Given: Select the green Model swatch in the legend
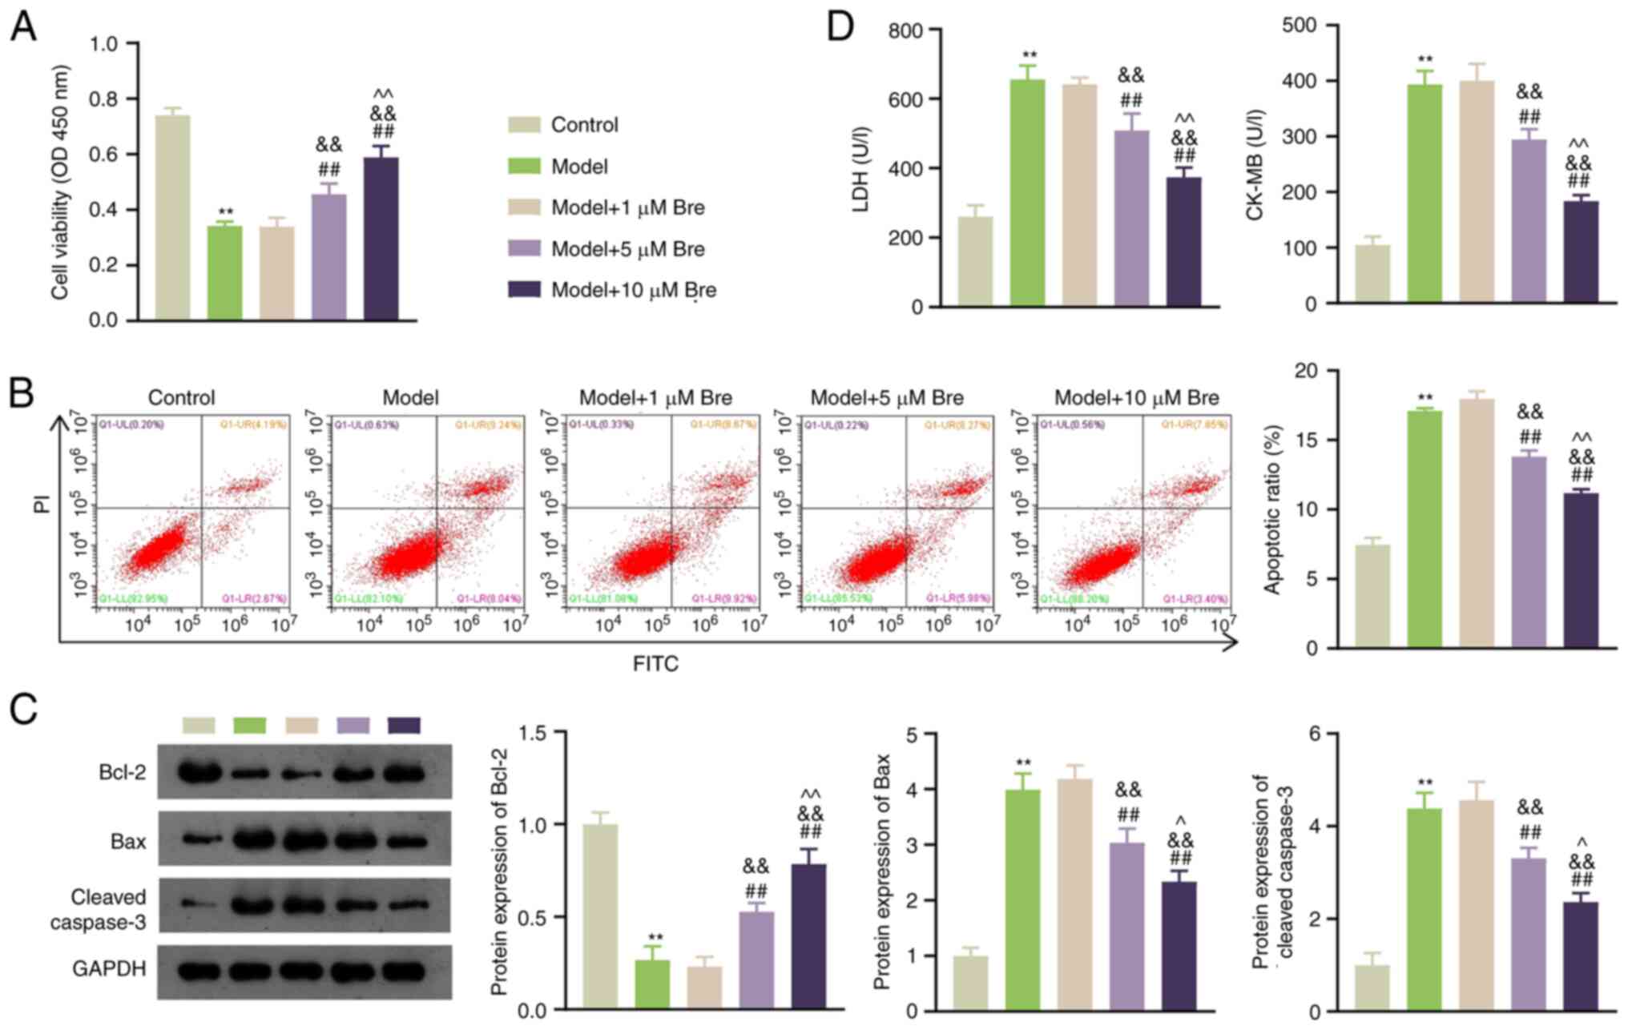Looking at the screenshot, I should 525,167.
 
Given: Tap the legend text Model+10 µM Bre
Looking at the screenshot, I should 633,290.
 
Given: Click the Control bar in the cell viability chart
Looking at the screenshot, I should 173,217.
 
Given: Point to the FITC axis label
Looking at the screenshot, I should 655,664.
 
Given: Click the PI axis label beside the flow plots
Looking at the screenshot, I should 42,504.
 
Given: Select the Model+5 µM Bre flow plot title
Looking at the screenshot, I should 887,398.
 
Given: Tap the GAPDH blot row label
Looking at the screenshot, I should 109,969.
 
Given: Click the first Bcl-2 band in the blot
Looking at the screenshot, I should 198,773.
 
